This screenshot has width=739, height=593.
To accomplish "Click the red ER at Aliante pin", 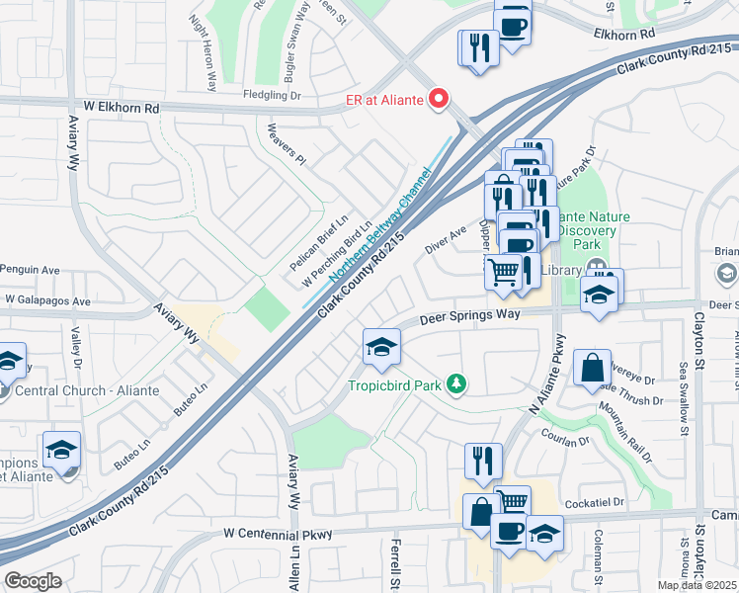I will pos(437,98).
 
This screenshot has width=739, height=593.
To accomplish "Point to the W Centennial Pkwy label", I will pos(278,534).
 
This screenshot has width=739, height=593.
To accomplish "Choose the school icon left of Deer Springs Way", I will pos(380,347).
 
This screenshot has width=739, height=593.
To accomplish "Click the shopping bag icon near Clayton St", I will pos(591,368).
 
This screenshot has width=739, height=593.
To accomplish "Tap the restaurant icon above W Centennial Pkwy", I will pos(483,460).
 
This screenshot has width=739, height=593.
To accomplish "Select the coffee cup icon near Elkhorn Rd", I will pos(512,25).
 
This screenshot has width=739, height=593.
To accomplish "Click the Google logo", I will pos(33,581).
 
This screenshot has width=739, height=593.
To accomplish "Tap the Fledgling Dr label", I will pos(279,95).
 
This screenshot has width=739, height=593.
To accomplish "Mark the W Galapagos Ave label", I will pos(47,299).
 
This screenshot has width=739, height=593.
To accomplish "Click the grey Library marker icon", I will pos(596,268).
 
